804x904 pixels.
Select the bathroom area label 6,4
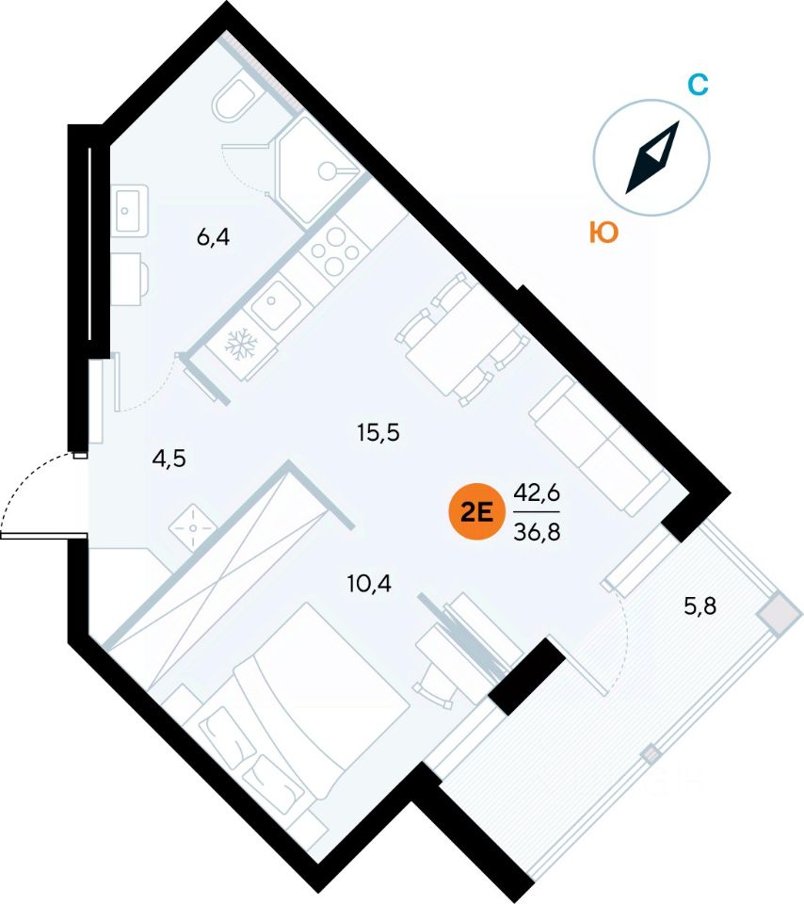(x=213, y=237)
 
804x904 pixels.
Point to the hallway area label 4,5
(x=169, y=459)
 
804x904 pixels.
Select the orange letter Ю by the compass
(x=603, y=233)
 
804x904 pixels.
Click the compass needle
(x=652, y=157)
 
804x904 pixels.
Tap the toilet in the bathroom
(x=232, y=101)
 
